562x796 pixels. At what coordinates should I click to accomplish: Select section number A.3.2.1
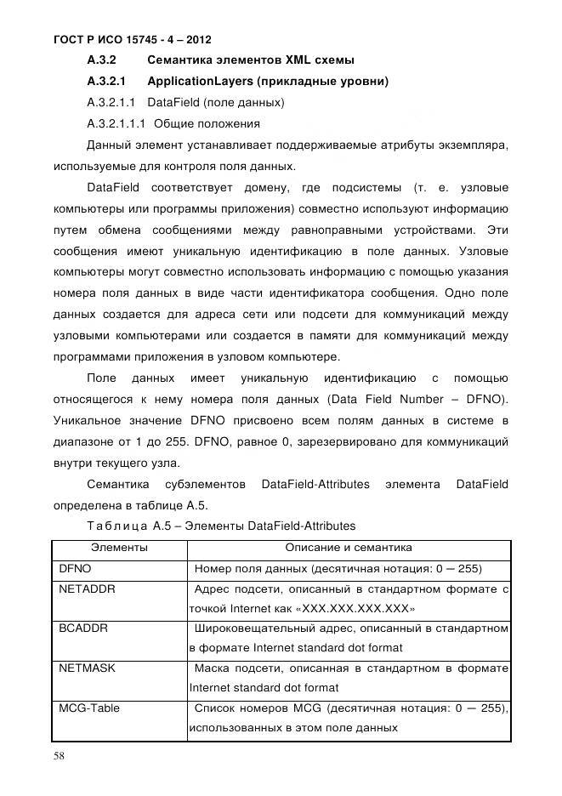click(x=107, y=82)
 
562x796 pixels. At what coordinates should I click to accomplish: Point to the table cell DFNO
click(x=74, y=569)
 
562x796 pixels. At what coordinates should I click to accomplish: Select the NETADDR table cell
click(x=87, y=588)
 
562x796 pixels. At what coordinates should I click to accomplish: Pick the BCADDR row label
click(x=82, y=628)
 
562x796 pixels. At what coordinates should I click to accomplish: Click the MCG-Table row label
click(x=88, y=708)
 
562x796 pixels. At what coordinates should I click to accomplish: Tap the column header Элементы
click(x=119, y=549)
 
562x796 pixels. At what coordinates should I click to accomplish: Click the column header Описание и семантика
click(x=349, y=549)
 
